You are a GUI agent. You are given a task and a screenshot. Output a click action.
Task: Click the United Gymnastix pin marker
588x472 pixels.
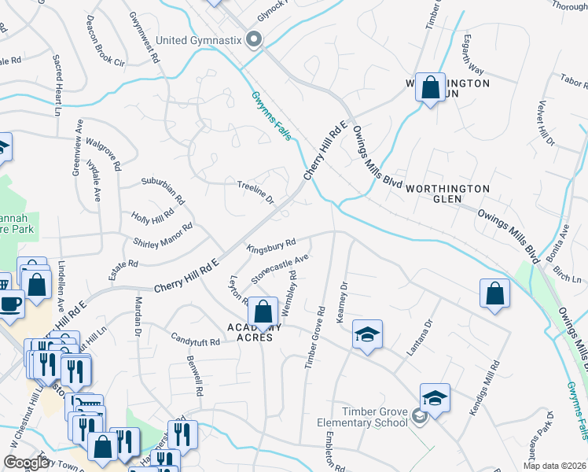253,39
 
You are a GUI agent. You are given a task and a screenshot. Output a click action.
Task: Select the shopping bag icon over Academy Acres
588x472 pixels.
263,312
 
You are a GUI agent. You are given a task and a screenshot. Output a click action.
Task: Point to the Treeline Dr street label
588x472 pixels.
255,192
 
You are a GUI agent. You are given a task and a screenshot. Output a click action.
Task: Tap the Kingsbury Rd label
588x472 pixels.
270,245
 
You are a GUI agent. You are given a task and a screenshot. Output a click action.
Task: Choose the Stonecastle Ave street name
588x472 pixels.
279,268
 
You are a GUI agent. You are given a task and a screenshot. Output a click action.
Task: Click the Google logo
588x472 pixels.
27,463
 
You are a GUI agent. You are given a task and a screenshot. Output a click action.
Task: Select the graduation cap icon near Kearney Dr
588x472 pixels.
367,335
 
